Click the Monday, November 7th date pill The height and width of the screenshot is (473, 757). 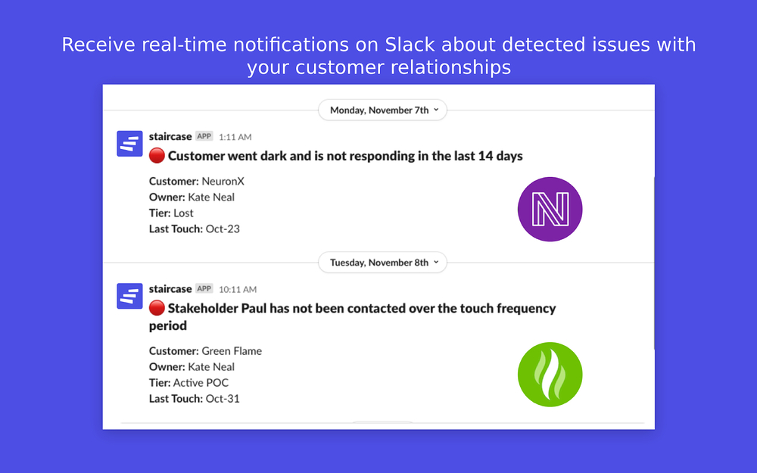[x=382, y=110]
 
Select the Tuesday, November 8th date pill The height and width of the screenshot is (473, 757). [x=382, y=263]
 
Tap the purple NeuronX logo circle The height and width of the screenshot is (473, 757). [x=550, y=210]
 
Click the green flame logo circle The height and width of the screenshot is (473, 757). [x=550, y=375]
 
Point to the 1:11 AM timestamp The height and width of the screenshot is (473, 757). [x=235, y=137]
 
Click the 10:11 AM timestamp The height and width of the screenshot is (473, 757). [x=238, y=290]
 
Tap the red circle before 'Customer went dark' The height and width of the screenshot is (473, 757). [x=157, y=156]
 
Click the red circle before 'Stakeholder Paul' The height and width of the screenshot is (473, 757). [x=157, y=308]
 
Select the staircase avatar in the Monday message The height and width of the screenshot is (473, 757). [x=130, y=143]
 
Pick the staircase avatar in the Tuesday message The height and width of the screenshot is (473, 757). [x=130, y=296]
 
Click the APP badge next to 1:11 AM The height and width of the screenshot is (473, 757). [x=204, y=136]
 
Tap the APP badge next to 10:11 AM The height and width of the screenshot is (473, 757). [x=204, y=288]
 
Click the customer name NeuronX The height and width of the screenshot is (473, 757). [x=223, y=182]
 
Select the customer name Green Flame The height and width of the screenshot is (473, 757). [x=232, y=351]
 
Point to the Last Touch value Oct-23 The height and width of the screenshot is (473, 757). [x=223, y=229]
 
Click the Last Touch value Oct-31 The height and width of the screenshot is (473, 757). [x=223, y=399]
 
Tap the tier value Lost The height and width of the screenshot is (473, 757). [x=183, y=213]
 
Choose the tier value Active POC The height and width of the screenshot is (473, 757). [x=201, y=383]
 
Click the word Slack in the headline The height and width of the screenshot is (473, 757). [x=410, y=45]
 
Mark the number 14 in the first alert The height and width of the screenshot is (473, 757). [x=485, y=156]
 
